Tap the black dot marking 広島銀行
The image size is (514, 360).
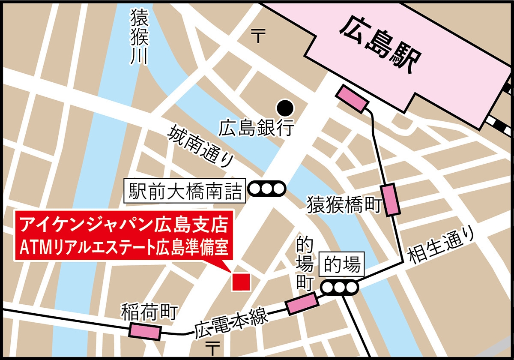[x=285, y=106]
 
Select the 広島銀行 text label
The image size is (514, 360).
[x=256, y=127]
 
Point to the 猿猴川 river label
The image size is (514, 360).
[x=139, y=38]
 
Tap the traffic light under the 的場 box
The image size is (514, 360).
[x=339, y=288]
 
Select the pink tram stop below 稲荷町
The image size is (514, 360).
[x=145, y=331]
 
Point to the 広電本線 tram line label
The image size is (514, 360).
[x=231, y=324]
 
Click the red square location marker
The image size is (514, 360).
[x=241, y=282]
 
